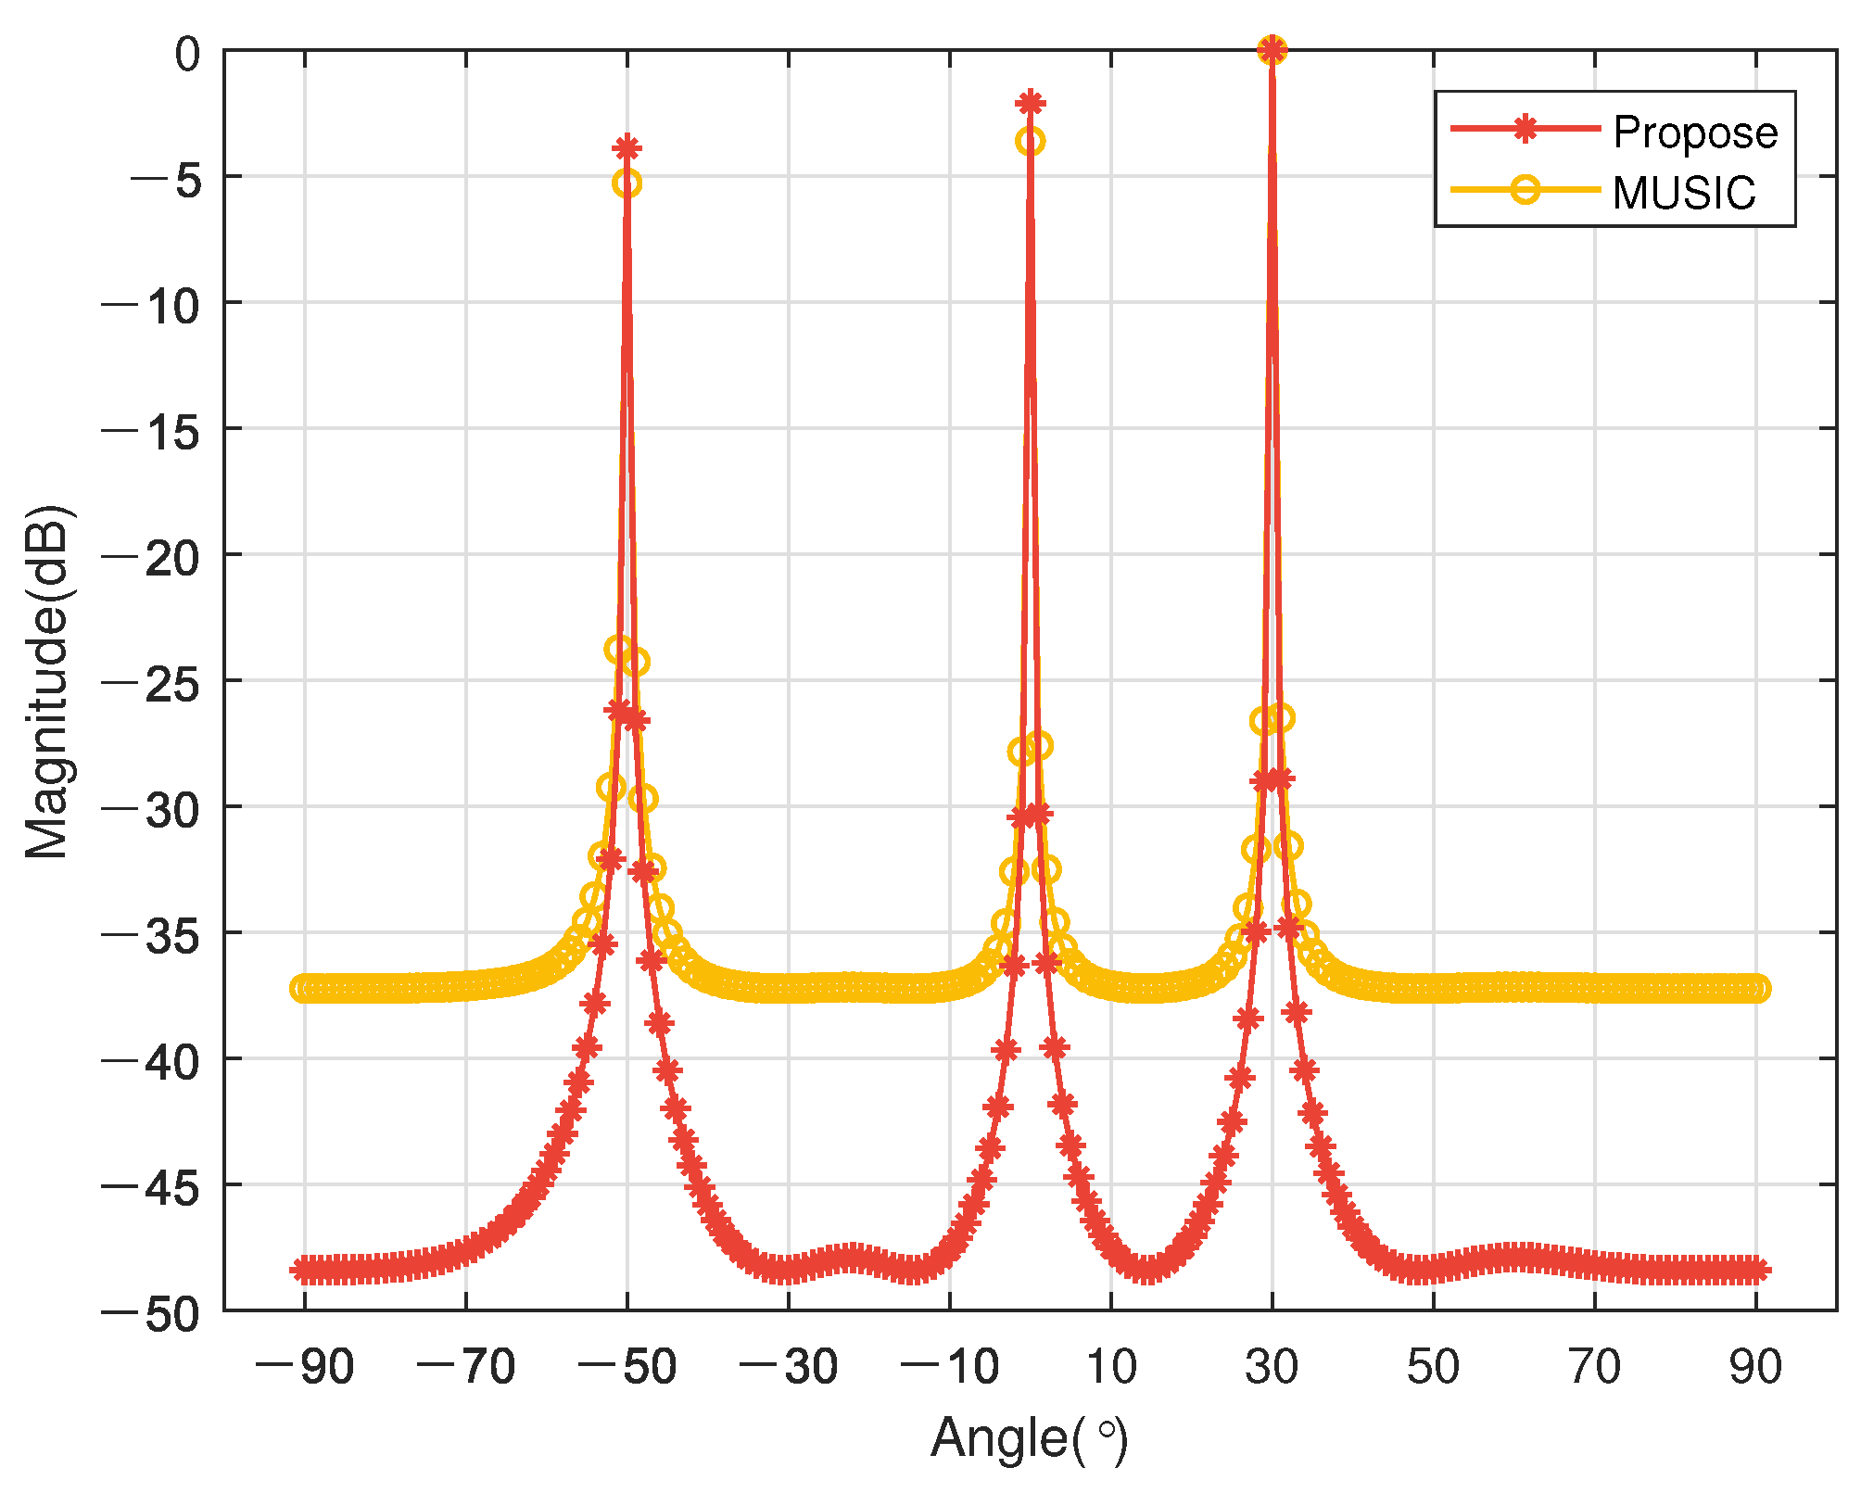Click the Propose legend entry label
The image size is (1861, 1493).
[1694, 133]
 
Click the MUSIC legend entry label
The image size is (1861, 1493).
[1683, 193]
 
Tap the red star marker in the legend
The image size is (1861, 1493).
[1525, 129]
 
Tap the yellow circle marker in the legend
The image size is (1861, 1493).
[1525, 190]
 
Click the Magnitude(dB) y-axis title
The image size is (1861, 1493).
[46, 681]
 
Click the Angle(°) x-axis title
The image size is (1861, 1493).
[1029, 1438]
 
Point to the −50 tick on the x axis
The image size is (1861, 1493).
[627, 1367]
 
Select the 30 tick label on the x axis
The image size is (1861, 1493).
[1272, 1367]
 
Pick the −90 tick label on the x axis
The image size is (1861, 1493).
[304, 1367]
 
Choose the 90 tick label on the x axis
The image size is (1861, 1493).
[1755, 1367]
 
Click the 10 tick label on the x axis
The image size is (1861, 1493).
[1110, 1367]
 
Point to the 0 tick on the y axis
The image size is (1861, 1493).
[187, 54]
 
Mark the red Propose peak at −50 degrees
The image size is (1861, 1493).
[627, 147]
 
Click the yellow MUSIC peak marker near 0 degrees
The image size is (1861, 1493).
[1031, 142]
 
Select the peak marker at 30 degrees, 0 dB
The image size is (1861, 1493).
[1272, 50]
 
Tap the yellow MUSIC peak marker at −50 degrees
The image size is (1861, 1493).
[627, 183]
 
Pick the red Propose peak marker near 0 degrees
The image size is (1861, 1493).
[1031, 102]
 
